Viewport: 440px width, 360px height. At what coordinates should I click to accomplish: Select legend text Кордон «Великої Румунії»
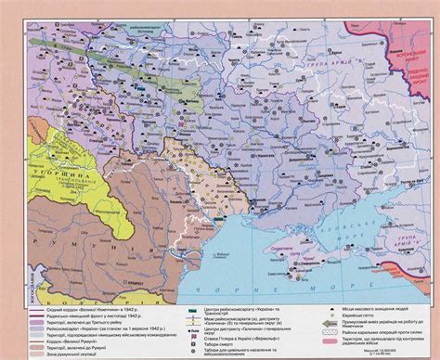70,340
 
